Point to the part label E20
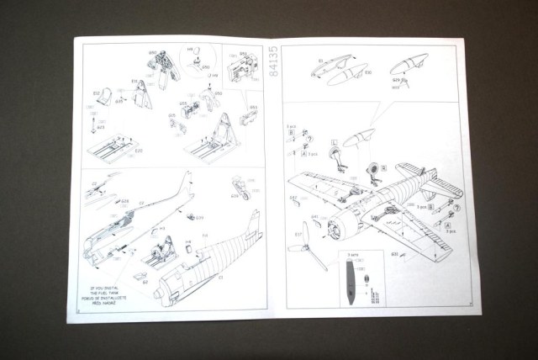click(139, 151)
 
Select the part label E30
click(368, 74)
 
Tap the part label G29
click(396, 78)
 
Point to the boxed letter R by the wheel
click(382, 167)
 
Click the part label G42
click(293, 199)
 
